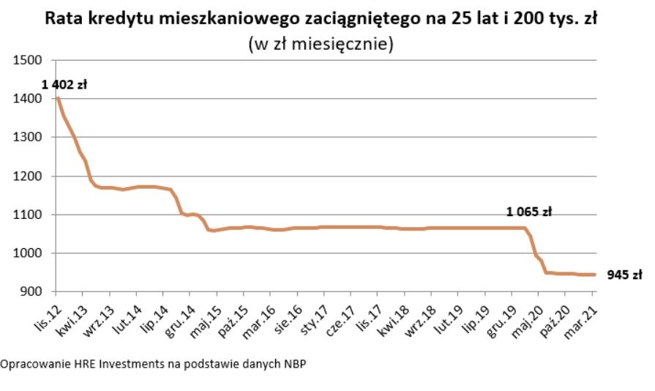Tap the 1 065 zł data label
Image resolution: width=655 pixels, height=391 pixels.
click(528, 212)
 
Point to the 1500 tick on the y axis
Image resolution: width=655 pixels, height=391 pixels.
click(29, 60)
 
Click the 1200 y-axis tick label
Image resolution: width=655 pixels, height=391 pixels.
click(29, 176)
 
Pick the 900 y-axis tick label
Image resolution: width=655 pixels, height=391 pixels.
click(32, 292)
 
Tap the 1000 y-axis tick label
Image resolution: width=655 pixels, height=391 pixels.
click(29, 253)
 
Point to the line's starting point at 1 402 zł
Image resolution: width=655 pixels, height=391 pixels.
click(57, 98)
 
